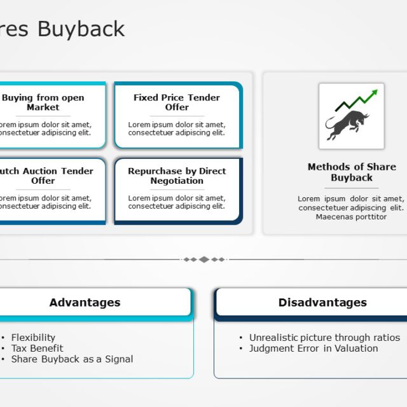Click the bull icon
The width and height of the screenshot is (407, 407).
tap(347, 125)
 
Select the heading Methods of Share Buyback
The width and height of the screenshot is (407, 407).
tap(352, 172)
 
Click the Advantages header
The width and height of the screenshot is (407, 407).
tap(85, 303)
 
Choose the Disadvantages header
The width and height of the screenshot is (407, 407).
tap(322, 303)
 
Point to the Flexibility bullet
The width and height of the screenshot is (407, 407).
tap(33, 338)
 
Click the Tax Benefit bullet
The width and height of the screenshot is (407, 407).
tap(37, 348)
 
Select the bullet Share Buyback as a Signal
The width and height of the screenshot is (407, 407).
tap(72, 359)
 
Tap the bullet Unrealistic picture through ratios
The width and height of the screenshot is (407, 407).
tap(324, 338)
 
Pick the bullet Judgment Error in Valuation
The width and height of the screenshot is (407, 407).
tap(314, 348)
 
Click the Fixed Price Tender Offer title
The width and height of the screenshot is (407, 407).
tap(177, 102)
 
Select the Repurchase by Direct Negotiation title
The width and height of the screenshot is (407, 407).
tap(177, 176)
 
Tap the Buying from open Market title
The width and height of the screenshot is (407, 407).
tap(43, 102)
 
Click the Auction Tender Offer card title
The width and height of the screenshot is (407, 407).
tap(45, 176)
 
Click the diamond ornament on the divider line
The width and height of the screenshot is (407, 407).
tap(204, 259)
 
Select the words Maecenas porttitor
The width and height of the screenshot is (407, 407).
tap(351, 217)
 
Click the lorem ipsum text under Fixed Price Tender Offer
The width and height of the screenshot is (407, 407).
tap(177, 129)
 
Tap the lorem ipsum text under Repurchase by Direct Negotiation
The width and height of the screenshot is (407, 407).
tap(177, 202)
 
